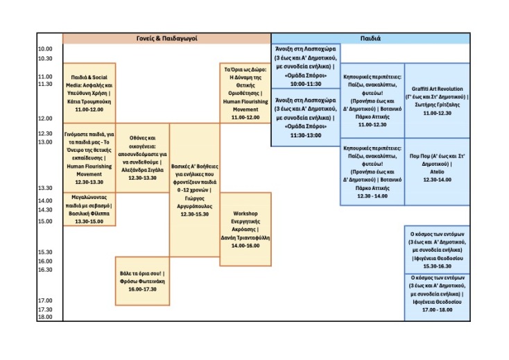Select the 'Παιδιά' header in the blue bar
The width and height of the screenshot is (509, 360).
[370, 38]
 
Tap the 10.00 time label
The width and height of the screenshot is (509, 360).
[45, 49]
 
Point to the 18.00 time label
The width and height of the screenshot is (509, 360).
[45, 317]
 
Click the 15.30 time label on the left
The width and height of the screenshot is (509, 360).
[45, 252]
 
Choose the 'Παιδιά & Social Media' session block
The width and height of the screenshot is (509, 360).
[89, 93]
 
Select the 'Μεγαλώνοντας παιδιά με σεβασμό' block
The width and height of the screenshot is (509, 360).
[89, 209]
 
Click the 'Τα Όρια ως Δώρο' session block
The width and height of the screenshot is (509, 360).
[245, 93]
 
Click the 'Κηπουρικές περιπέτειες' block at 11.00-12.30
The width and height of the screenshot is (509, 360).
[371, 101]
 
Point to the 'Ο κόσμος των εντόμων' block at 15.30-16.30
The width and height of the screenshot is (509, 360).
[436, 249]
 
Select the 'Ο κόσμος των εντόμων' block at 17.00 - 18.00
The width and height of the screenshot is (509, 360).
[436, 297]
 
